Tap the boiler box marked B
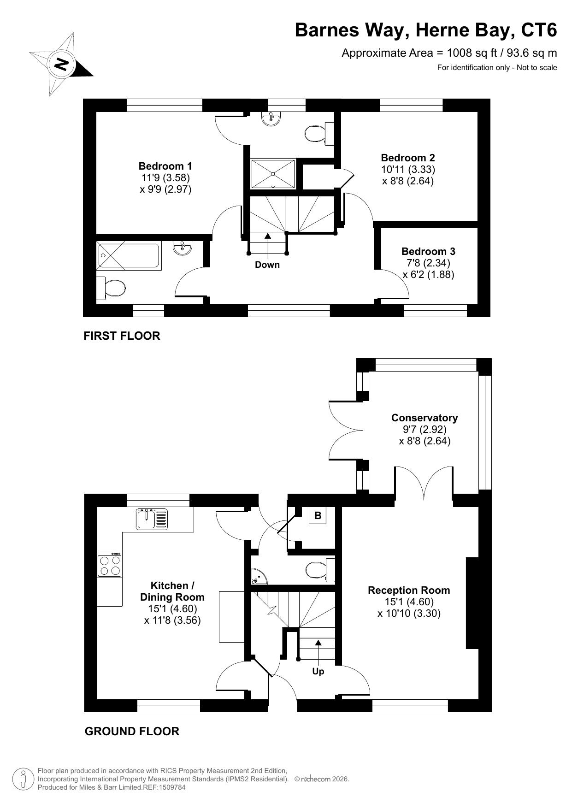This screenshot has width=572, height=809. tap(318, 515)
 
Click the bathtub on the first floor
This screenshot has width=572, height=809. tap(129, 256)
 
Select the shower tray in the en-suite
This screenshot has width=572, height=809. tap(273, 174)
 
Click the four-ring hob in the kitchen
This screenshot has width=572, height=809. tap(110, 565)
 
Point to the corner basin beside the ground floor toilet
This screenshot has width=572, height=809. tap(258, 575)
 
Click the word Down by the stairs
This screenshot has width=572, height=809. tap(267, 265)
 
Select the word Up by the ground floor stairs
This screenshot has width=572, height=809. tap(318, 672)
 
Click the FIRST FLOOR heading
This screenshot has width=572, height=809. tap(122, 336)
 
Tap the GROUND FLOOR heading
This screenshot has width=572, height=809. tap(132, 731)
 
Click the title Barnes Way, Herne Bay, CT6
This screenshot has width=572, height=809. tap(426, 30)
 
